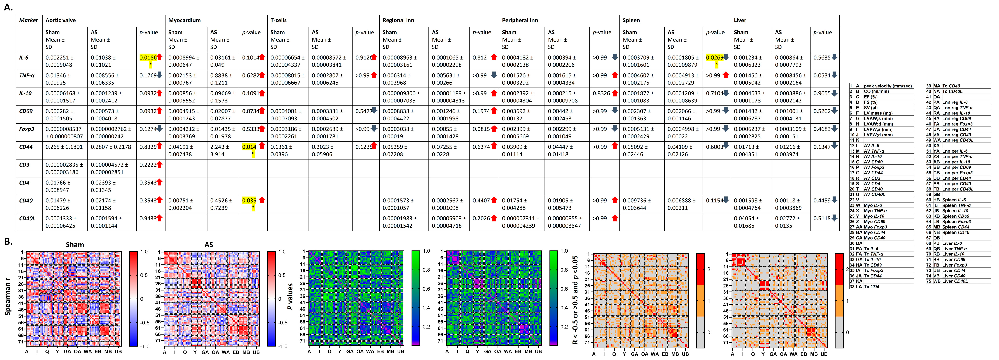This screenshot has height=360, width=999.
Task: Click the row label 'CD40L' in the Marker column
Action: click(x=27, y=218)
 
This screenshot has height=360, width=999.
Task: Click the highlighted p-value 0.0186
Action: click(x=148, y=58)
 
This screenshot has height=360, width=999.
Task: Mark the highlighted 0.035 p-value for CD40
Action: click(x=249, y=201)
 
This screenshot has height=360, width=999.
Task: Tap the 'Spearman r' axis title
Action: click(x=8, y=299)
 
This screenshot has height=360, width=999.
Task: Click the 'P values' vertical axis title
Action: click(x=290, y=297)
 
